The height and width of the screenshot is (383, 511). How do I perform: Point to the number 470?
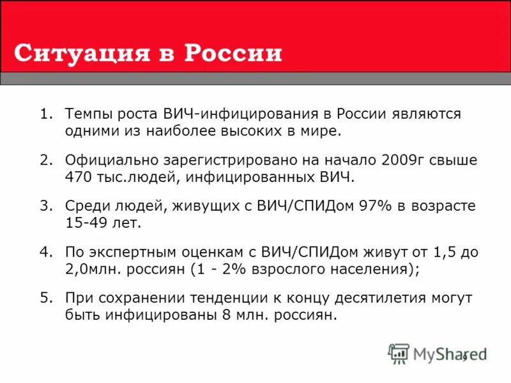click(77, 177)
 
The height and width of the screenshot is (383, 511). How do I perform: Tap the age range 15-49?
click(86, 223)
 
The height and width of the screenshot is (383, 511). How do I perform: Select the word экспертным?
click(127, 252)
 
